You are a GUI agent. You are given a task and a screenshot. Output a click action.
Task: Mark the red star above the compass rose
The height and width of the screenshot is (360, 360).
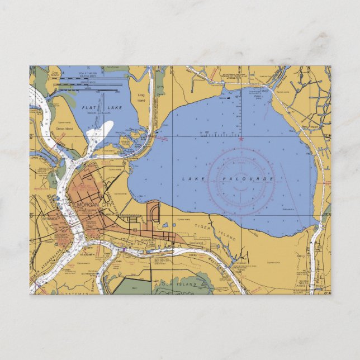click(x=241, y=138)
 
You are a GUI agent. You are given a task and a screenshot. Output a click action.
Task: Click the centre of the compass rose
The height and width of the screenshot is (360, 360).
click(x=241, y=179)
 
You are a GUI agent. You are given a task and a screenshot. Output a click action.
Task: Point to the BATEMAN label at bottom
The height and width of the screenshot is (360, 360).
click(x=76, y=292)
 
